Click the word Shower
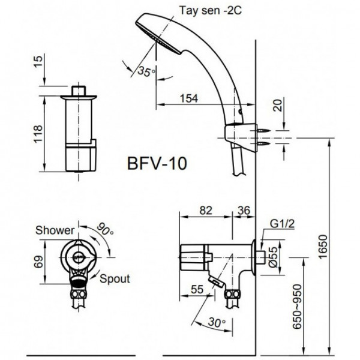click(55, 230)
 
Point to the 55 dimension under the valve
click(196, 290)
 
